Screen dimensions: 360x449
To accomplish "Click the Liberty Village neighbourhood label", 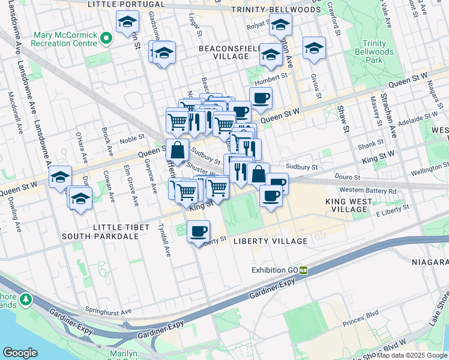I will pos(270,241).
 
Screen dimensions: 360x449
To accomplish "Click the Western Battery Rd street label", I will pos(367,191).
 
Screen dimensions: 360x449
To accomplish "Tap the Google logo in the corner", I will pos(20,352).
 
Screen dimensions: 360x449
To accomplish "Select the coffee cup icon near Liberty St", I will pos(198,231).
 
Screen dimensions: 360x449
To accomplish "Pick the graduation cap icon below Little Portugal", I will pos(126,23).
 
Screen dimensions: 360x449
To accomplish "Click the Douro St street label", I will pos(349,178).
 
